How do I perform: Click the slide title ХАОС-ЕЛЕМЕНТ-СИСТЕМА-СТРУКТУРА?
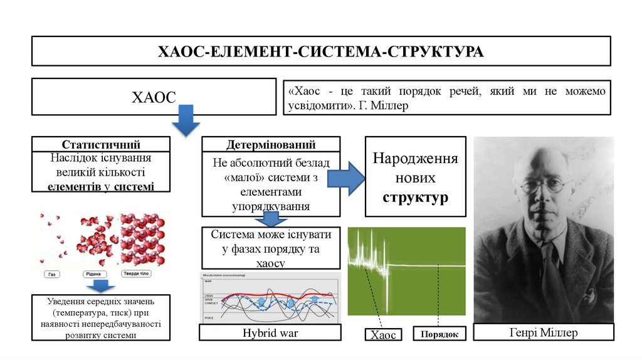(x=320, y=51)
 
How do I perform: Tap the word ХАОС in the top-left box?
(x=153, y=97)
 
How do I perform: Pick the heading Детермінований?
(x=271, y=144)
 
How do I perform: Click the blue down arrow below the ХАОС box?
(x=186, y=120)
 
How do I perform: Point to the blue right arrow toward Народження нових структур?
(x=347, y=178)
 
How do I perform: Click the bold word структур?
(x=415, y=198)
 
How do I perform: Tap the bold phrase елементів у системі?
(x=100, y=186)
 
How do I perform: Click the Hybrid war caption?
(x=270, y=333)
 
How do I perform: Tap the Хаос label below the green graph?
(x=383, y=335)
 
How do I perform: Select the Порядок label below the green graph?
(x=439, y=334)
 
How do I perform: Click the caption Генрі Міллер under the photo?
(x=543, y=332)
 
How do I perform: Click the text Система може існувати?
(x=271, y=235)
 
